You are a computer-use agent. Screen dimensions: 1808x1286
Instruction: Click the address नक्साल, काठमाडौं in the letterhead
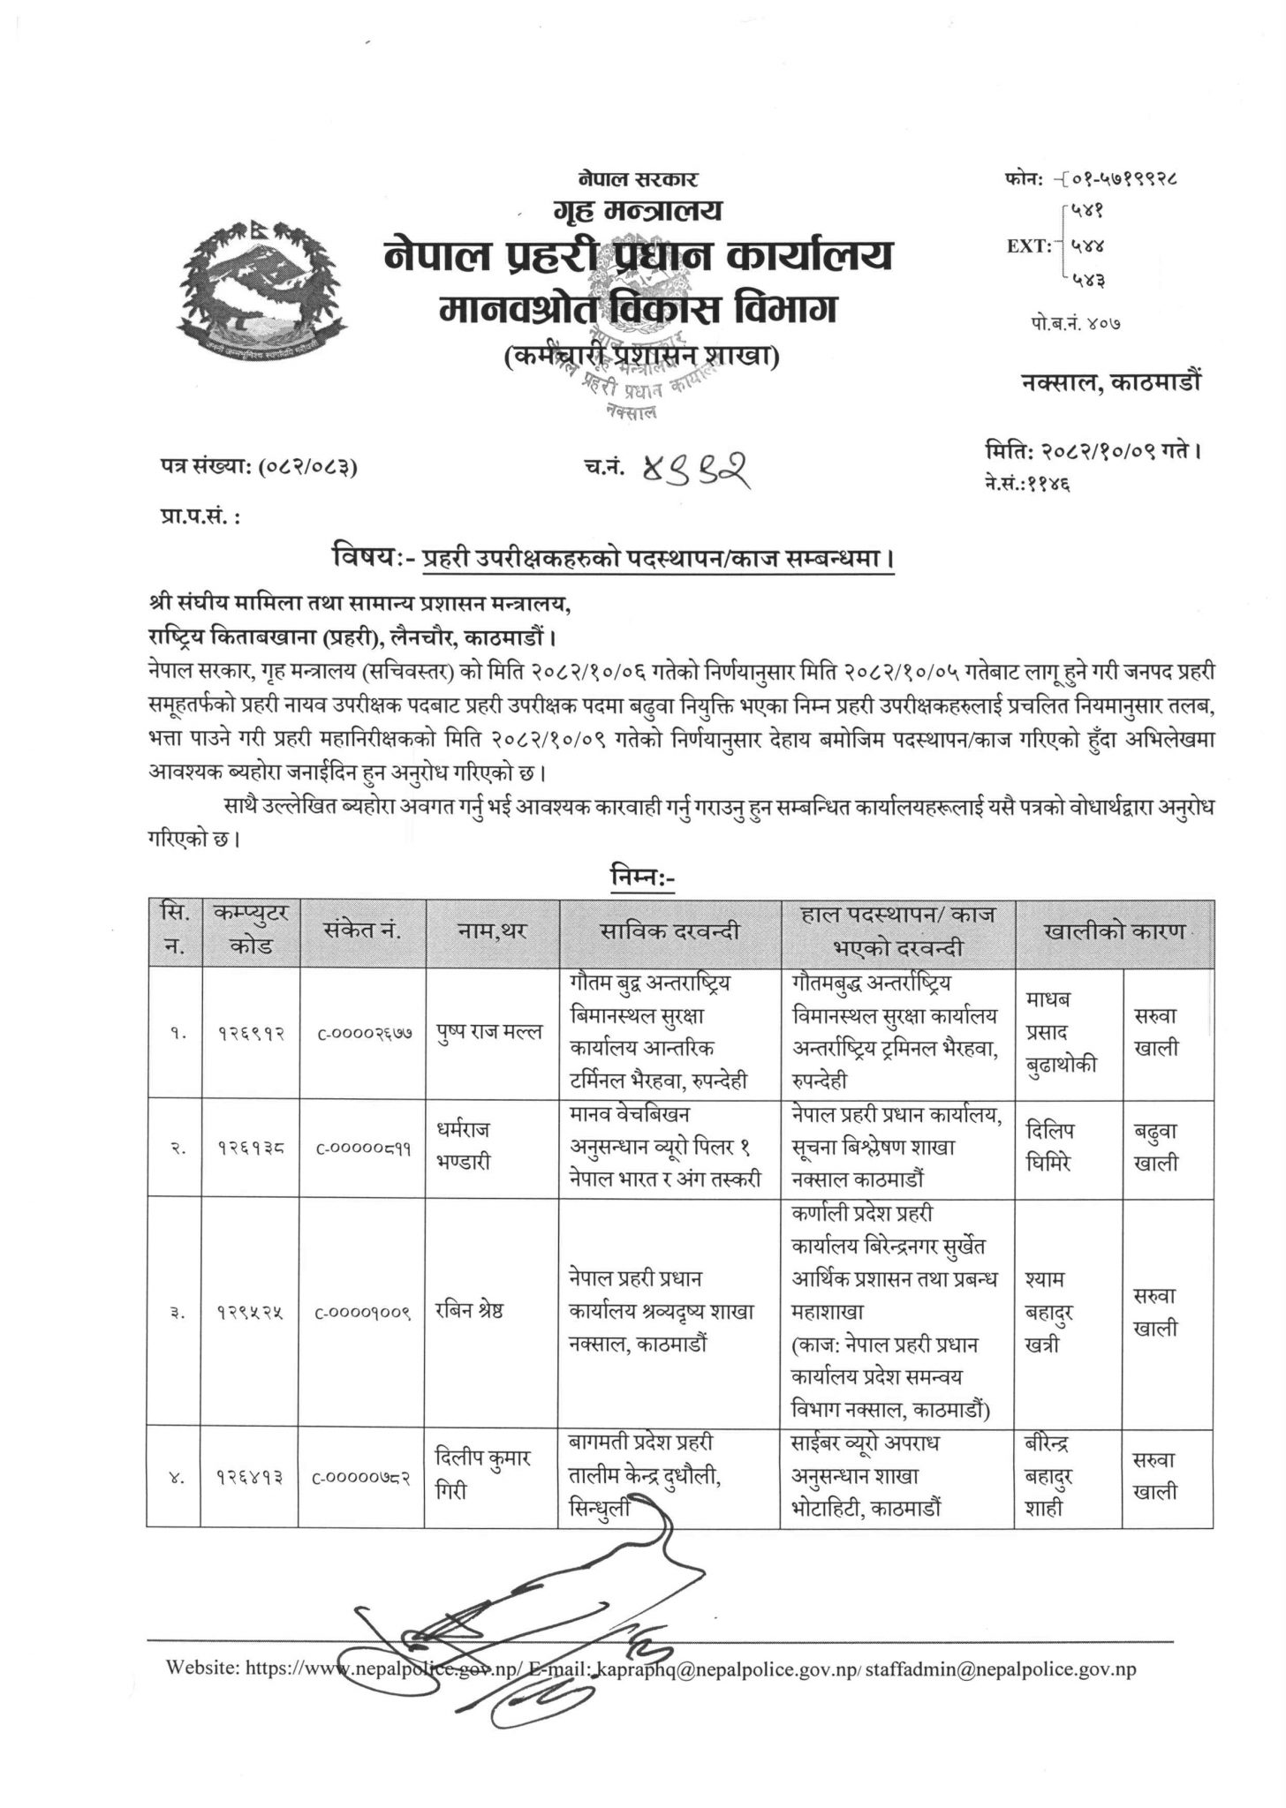(x=1110, y=382)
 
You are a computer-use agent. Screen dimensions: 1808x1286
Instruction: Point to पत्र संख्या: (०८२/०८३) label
(x=253, y=471)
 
